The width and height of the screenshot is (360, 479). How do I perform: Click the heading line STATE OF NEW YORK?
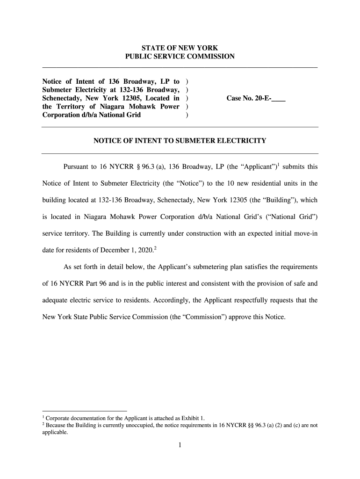pyautogui.click(x=180, y=48)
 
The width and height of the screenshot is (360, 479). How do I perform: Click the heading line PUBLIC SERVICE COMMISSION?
pyautogui.click(x=180, y=57)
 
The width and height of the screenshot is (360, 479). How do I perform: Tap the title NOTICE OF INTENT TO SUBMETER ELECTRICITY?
pyautogui.click(x=180, y=140)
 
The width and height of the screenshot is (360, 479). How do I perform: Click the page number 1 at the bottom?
pyautogui.click(x=180, y=445)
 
